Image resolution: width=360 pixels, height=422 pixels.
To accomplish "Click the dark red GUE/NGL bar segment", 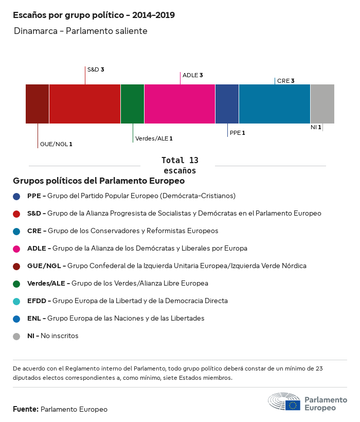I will pyautogui.click(x=38, y=104).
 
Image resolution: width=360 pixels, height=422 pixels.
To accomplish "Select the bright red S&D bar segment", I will pyautogui.click(x=85, y=104).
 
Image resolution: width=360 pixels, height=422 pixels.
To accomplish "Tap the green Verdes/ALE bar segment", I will pyautogui.click(x=132, y=104).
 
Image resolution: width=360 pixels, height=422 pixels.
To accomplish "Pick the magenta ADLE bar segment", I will pyautogui.click(x=179, y=104).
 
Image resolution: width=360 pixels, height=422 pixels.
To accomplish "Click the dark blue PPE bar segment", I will pyautogui.click(x=227, y=104).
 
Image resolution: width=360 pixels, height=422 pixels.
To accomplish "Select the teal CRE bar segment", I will pyautogui.click(x=275, y=104).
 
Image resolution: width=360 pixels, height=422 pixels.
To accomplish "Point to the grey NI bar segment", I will pyautogui.click(x=322, y=104).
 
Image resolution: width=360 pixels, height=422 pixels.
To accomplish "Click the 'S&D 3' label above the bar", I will pyautogui.click(x=96, y=69).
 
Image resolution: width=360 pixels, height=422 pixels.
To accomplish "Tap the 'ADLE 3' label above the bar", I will pyautogui.click(x=193, y=75).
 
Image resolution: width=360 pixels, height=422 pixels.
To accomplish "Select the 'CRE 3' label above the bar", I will pyautogui.click(x=285, y=81).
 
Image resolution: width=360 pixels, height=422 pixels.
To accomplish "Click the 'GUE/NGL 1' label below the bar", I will pyautogui.click(x=56, y=144).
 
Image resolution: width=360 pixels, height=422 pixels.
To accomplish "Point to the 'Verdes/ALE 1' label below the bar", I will pyautogui.click(x=154, y=138).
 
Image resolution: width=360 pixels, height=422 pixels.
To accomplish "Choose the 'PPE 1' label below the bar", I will pyautogui.click(x=237, y=133).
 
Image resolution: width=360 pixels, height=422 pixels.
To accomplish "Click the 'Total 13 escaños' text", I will pyautogui.click(x=179, y=165).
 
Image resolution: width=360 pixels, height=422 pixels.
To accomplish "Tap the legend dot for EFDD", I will pyautogui.click(x=16, y=301).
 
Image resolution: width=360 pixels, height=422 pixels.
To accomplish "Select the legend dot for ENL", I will pyautogui.click(x=16, y=319).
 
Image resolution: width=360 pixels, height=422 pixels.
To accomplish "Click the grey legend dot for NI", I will pyautogui.click(x=16, y=336).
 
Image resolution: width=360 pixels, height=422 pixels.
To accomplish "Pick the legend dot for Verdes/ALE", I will pyautogui.click(x=16, y=284).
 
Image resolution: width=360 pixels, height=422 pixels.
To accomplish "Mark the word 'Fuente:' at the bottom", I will pyautogui.click(x=26, y=409).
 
